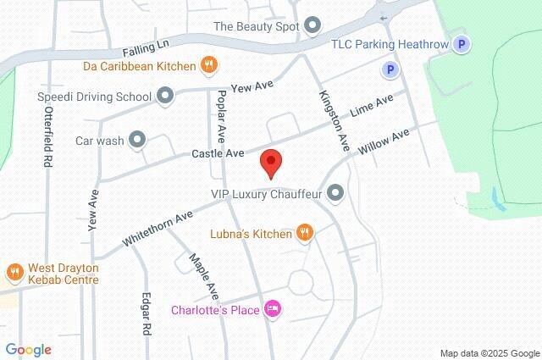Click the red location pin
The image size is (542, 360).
270,162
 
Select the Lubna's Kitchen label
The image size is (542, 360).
250,232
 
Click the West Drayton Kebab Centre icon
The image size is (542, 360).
14,272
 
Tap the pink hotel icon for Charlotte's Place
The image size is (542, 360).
273,308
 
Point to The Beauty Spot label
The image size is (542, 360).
257,25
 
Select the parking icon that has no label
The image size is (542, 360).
390,70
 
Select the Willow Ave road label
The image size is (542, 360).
384,141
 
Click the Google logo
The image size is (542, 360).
28,349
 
